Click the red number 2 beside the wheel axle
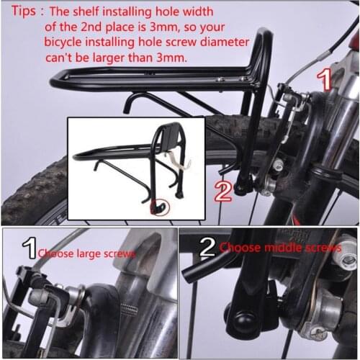click(x=222, y=191)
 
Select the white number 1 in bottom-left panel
click(x=30, y=250)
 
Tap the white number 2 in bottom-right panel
click(x=207, y=248)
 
